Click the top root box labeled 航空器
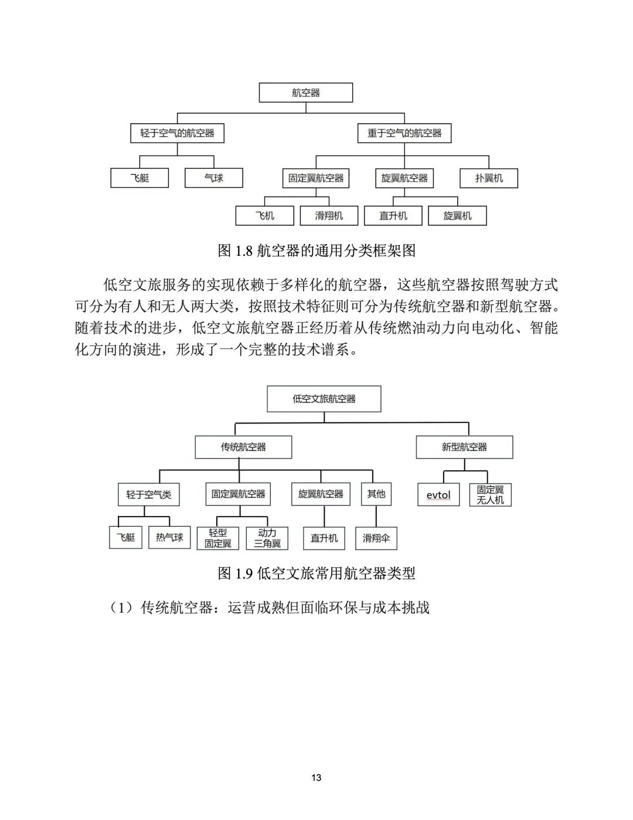coord(306,93)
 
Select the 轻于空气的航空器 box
coord(177,133)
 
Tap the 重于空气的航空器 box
coord(404,133)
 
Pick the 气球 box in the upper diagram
coord(213,178)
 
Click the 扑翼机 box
coord(489,178)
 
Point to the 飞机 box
coord(265,216)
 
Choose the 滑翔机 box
coord(329,216)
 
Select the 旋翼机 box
coord(457,216)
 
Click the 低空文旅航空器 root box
coord(324,399)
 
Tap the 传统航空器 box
coord(243,447)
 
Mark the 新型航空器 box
coord(464,447)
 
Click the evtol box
coord(438,495)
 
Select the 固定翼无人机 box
coord(490,495)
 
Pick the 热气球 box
coord(169,537)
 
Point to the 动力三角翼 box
coord(267,538)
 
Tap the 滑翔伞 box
coord(376,538)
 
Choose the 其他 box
coord(376,494)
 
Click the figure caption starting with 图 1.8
coord(316,251)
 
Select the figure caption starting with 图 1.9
coord(316,573)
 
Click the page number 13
coord(316,778)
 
